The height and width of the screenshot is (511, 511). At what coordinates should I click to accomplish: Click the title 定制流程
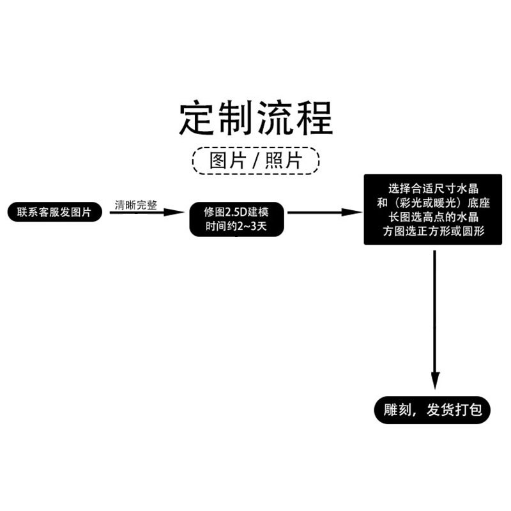(256, 117)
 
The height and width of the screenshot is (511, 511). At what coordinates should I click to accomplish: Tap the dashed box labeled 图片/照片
(256, 160)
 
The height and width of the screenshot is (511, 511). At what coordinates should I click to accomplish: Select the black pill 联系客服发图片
(55, 212)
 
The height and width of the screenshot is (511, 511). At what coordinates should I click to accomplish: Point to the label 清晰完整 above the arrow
(135, 205)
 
